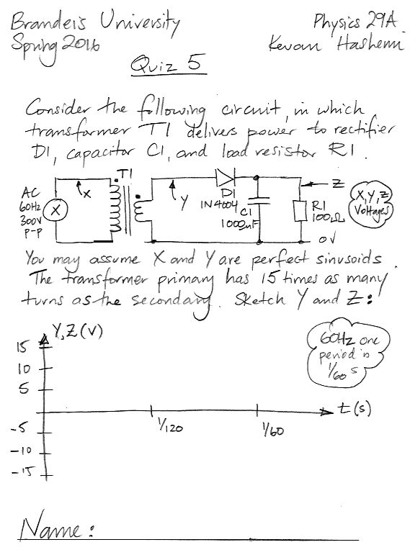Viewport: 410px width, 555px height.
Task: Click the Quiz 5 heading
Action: tap(168, 64)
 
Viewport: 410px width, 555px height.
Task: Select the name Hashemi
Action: tap(370, 43)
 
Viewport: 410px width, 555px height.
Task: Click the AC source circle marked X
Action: tap(55, 210)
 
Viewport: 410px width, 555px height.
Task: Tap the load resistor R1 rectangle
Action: tap(301, 211)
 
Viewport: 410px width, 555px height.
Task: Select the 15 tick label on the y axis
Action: tap(22, 347)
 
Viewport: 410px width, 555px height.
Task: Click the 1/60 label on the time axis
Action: tap(272, 430)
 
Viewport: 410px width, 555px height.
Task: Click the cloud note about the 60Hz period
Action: tap(348, 354)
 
